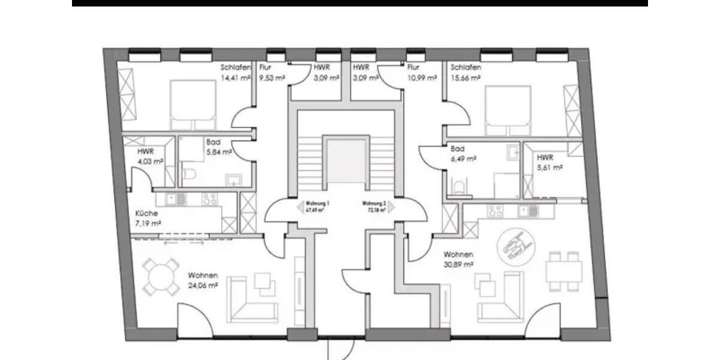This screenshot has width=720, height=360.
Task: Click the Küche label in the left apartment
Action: click(146, 213)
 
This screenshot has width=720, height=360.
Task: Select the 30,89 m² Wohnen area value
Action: click(458, 264)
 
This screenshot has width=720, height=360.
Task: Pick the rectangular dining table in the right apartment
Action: click(563, 271)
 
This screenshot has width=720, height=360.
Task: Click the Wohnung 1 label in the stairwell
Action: click(319, 204)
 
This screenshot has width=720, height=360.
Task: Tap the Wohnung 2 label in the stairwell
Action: click(374, 204)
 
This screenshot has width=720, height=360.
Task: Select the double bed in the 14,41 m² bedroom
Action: click(193, 105)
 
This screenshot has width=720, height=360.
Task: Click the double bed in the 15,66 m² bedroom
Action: click(508, 110)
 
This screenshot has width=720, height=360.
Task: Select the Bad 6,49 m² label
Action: click(463, 154)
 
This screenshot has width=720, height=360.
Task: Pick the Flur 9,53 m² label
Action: click(271, 73)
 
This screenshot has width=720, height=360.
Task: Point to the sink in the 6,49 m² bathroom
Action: click(513, 152)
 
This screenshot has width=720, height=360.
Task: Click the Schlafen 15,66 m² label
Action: click(466, 73)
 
